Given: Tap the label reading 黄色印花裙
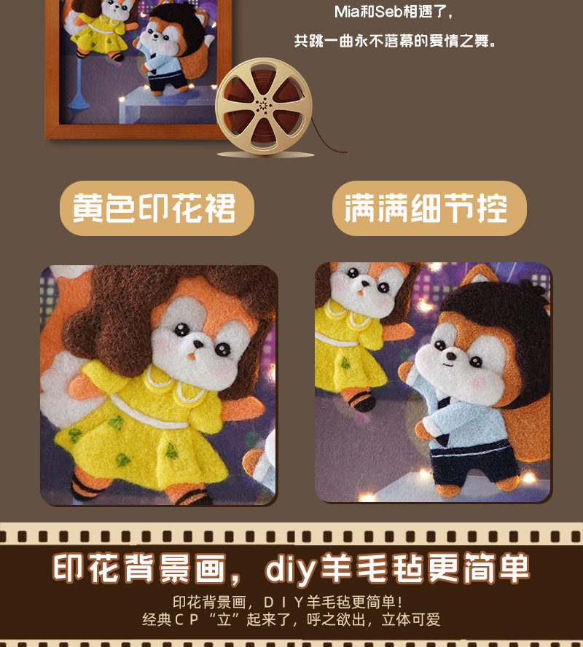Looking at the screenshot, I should (x=155, y=208).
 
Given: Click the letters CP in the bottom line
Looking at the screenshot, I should (x=197, y=621).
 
